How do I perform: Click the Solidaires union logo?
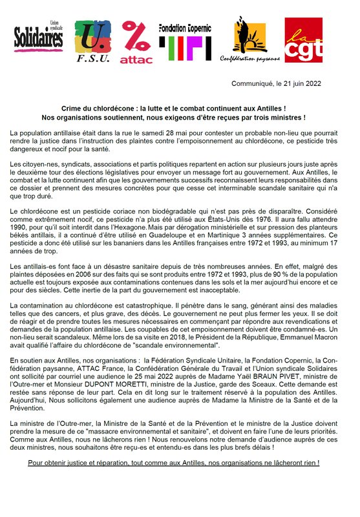pos(39,39)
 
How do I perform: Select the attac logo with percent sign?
pos(136,42)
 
